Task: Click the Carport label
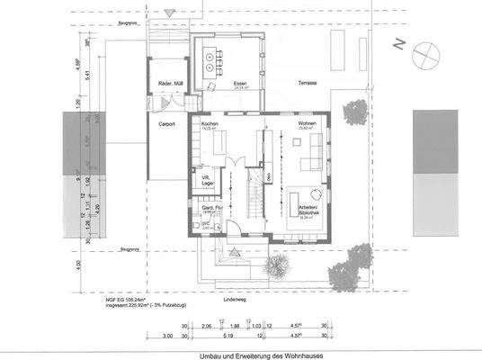tap(165, 124)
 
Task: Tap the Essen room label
tap(216, 84)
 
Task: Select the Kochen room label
tap(210, 124)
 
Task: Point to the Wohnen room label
tap(306, 124)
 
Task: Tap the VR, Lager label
tap(207, 180)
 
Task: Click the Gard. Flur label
tap(212, 208)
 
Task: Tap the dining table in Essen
tap(216, 59)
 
